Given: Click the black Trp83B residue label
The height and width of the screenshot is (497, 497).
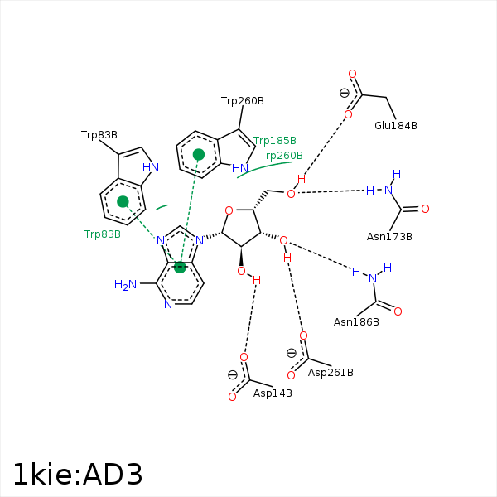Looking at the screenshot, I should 99,134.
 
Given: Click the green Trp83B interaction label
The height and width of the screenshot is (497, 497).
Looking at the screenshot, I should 103,234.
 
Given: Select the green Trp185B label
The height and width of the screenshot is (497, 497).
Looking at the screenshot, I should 274,141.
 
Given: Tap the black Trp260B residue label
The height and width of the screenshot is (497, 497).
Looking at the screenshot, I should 242,101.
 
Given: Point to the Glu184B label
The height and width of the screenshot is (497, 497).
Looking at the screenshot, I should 395,126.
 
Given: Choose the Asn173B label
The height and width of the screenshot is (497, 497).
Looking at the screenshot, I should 389,237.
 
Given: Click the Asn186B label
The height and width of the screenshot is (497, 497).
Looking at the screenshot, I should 356,321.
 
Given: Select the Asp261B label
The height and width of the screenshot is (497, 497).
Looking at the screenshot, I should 331,373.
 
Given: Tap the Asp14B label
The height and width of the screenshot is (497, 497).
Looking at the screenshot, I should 273,393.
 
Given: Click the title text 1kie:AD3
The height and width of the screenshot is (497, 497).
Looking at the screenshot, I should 77,475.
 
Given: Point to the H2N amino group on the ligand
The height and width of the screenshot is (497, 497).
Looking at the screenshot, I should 125,285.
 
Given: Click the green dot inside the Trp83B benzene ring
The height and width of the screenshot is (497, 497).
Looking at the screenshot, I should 123,201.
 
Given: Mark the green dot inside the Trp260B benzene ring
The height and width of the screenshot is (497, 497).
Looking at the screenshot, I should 199,154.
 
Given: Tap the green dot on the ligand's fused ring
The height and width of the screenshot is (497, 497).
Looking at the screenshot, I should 180,267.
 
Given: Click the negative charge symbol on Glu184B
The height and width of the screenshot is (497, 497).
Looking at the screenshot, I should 345,93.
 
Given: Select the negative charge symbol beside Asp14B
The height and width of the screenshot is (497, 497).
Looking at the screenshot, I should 232,374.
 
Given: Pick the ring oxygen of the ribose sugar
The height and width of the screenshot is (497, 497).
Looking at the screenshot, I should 229,210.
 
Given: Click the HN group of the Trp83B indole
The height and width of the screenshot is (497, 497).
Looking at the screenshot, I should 150,167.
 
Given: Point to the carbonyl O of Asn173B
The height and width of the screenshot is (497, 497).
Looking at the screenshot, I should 425,209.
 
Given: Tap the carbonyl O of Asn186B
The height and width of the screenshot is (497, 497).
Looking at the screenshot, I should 398,311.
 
